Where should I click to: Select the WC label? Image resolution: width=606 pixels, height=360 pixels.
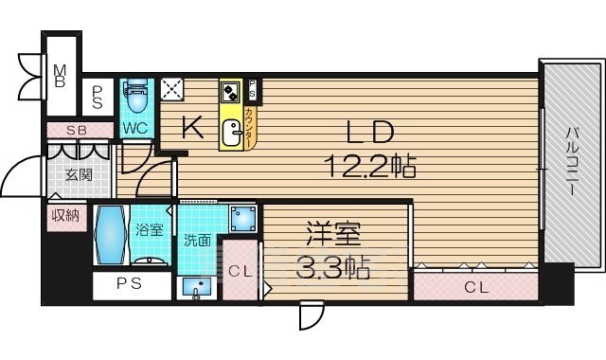133,127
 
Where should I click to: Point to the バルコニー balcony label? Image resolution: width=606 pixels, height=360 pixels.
573,161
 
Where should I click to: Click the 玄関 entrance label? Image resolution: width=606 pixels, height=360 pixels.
79,175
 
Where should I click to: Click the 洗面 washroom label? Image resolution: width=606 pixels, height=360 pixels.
197,240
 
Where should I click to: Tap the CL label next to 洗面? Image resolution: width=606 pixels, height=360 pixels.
240,272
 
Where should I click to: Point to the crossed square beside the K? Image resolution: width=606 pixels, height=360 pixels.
172,88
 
